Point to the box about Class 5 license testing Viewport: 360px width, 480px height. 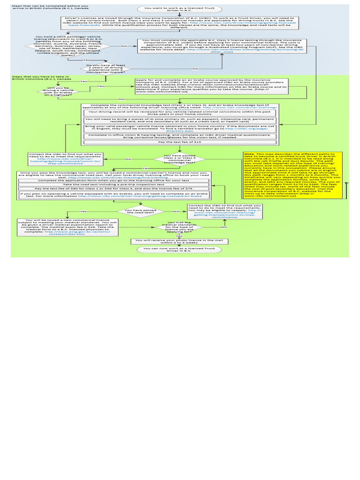coord(222,46)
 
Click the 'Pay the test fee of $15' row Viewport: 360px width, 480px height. coord(180,142)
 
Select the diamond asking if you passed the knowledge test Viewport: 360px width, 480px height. coord(180,159)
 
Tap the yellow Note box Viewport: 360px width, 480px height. coord(292,174)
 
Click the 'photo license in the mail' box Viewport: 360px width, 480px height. coord(180,241)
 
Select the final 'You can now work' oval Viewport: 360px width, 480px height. coord(180,250)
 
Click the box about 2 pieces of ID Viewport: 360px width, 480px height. coord(180,120)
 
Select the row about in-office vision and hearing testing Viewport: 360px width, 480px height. coord(180,136)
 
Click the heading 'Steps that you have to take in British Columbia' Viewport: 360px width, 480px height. coord(41,78)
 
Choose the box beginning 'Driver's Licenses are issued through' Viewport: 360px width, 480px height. coord(180,22)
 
